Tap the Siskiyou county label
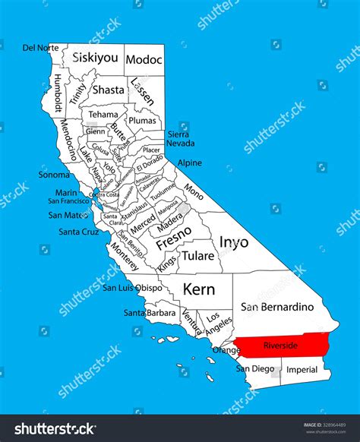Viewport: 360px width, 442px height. click(95, 58)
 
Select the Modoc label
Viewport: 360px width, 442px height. click(144, 59)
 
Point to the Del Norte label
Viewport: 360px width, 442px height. click(39, 48)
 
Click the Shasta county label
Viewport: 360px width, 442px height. click(108, 90)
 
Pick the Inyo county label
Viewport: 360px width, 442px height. click(233, 242)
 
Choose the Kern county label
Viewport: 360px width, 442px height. click(200, 289)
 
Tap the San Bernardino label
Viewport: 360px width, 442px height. click(276, 308)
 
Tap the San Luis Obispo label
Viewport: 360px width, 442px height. click(132, 288)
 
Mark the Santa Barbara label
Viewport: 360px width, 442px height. click(150, 313)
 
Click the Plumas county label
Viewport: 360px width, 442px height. click(143, 121)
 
